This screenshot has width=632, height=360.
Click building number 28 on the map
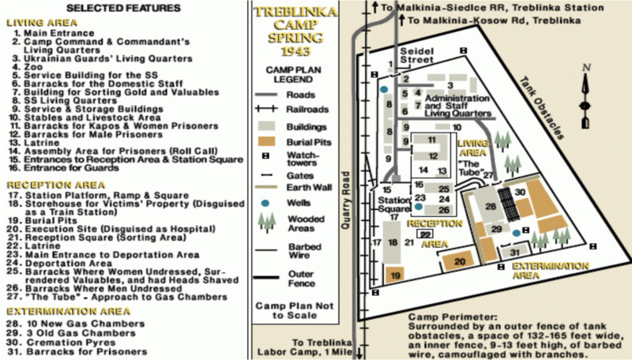(491, 206)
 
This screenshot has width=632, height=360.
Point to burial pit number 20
(461, 261)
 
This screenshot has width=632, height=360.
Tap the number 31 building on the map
(514, 252)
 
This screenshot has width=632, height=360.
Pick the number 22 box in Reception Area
(425, 234)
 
